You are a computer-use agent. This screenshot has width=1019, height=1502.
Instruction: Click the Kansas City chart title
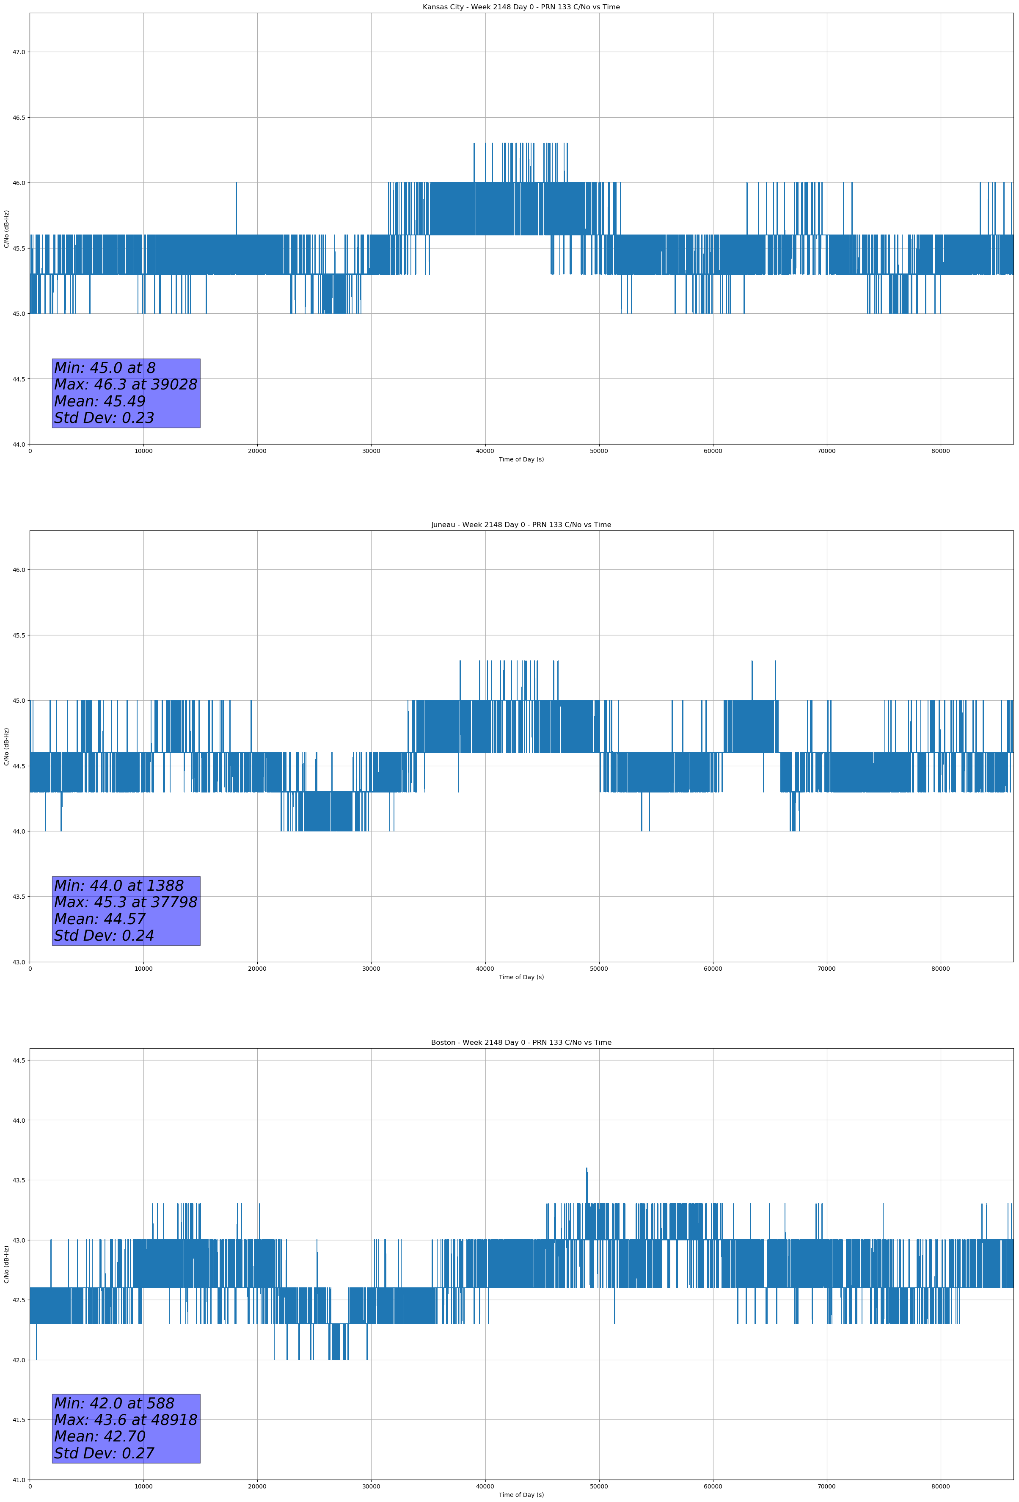pyautogui.click(x=521, y=7)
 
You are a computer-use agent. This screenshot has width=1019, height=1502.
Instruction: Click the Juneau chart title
pyautogui.click(x=521, y=525)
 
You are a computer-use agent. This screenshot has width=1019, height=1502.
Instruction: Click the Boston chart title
pyautogui.click(x=521, y=1043)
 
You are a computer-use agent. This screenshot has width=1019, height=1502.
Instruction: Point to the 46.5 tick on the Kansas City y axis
pyautogui.click(x=19, y=118)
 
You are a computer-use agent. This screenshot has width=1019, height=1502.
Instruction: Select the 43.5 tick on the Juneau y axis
pyautogui.click(x=19, y=897)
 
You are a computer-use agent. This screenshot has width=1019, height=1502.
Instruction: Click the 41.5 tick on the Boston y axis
pyautogui.click(x=19, y=1420)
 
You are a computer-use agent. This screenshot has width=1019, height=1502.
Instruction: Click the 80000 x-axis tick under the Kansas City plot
pyautogui.click(x=940, y=451)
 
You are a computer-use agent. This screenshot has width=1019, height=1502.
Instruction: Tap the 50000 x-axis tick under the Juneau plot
pyautogui.click(x=599, y=969)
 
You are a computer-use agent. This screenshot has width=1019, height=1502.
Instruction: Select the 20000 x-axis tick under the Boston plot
pyautogui.click(x=257, y=1486)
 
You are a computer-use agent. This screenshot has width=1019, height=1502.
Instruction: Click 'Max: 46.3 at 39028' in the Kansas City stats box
pyautogui.click(x=125, y=384)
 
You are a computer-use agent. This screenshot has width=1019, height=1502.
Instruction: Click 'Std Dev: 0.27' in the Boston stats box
pyautogui.click(x=104, y=1453)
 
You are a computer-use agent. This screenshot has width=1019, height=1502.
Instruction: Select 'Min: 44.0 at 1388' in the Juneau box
pyautogui.click(x=119, y=886)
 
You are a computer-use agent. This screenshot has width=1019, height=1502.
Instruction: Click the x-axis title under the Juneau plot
pyautogui.click(x=521, y=977)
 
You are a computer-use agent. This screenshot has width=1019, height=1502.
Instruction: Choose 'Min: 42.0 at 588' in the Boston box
pyautogui.click(x=114, y=1403)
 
